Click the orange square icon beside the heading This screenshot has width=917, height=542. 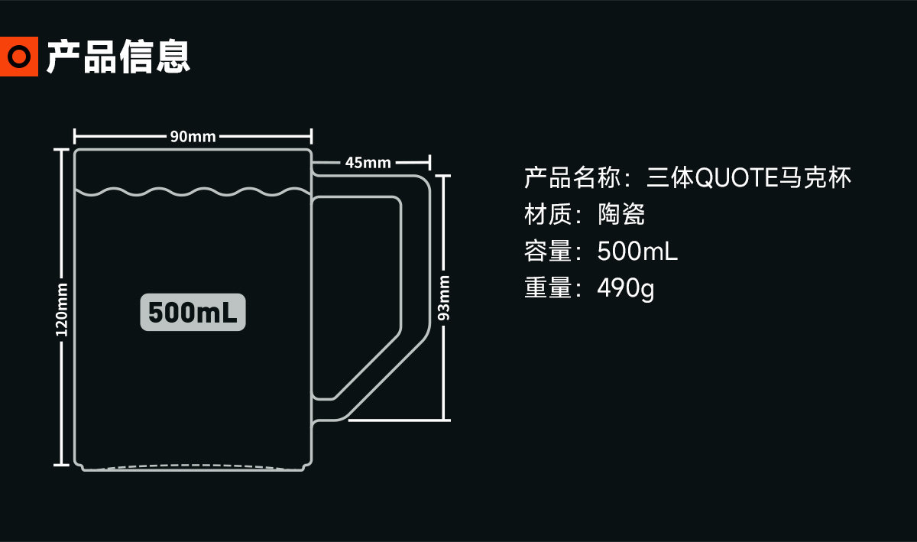coord(19,56)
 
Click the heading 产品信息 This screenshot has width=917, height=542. coord(118,57)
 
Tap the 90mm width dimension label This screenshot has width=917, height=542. coord(193,136)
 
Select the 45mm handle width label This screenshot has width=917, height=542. coord(368,163)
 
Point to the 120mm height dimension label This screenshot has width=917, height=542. coord(61,310)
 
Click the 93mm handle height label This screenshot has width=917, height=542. coord(444,298)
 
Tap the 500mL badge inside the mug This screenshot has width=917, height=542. coord(193,312)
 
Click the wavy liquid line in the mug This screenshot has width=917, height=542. coord(193,192)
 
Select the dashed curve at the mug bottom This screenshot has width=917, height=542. coord(193,466)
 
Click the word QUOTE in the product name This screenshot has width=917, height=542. coord(737,178)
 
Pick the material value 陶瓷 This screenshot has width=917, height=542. coord(621,214)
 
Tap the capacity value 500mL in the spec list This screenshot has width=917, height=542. coord(637,251)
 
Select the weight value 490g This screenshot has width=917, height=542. coord(626,288)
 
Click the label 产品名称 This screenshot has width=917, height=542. coord(572,178)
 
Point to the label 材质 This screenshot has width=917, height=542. coord(548,214)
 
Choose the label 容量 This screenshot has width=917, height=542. coord(548,251)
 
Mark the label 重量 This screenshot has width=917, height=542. coord(548,287)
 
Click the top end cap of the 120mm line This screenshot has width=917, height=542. coord(61,150)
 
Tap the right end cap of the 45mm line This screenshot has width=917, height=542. coord(429,163)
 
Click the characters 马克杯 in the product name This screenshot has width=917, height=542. coord(815,178)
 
